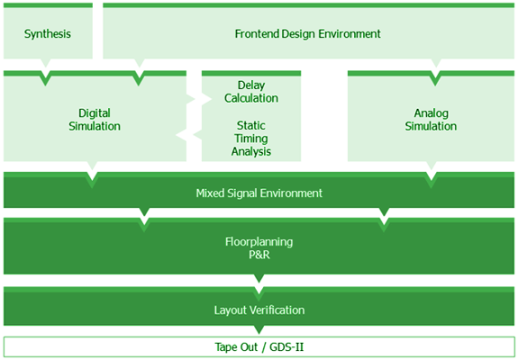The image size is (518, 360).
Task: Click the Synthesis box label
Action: point(48,33)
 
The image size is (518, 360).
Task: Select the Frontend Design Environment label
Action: point(307,33)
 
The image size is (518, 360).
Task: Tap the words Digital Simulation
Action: point(95,120)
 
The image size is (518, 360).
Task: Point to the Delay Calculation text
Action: point(251,92)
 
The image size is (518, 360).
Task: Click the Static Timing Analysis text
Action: point(251,139)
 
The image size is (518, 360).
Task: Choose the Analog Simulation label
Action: point(431,120)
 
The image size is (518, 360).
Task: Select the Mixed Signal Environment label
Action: point(259,193)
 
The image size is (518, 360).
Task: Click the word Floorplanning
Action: point(259,241)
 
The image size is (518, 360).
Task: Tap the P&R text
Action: point(259,255)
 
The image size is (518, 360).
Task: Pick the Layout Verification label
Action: point(259,310)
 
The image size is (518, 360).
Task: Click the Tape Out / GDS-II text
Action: point(259,347)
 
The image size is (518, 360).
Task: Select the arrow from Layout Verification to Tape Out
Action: point(259,329)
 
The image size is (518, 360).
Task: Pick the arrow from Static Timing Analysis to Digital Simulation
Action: point(189,135)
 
